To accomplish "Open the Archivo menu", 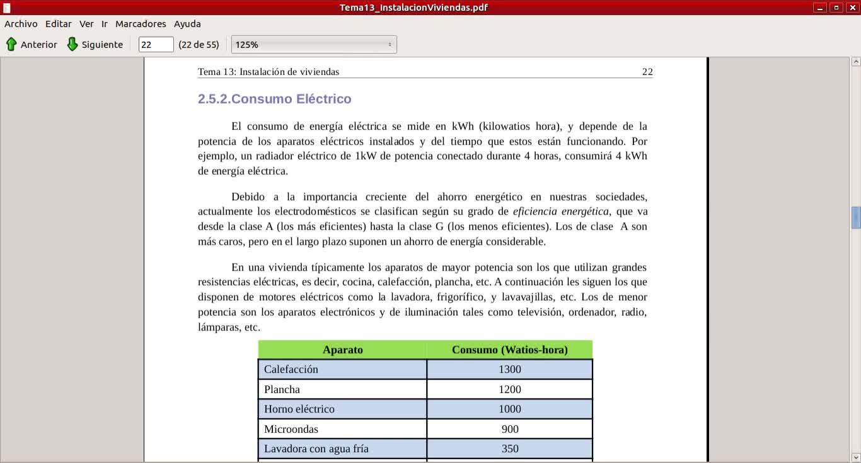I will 21,24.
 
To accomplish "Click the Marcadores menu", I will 141,24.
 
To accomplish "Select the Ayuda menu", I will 187,24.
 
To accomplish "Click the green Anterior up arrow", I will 11,44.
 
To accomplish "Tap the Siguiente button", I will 95,44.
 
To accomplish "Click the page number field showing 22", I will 156,44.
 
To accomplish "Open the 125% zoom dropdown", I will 313,44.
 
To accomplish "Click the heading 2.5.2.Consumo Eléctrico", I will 274,99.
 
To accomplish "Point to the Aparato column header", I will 342,349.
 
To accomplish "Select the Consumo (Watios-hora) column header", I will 509,349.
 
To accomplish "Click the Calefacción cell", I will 291,369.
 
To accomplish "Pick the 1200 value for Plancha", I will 509,389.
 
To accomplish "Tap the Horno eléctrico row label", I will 299,409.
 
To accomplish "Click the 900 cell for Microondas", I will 509,429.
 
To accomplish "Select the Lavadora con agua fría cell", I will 316,448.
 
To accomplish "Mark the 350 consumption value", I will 509,448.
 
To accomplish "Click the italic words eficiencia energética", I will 560,211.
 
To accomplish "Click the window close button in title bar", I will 852,8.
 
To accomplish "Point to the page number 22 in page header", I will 647,72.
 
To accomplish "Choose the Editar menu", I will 58,24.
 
